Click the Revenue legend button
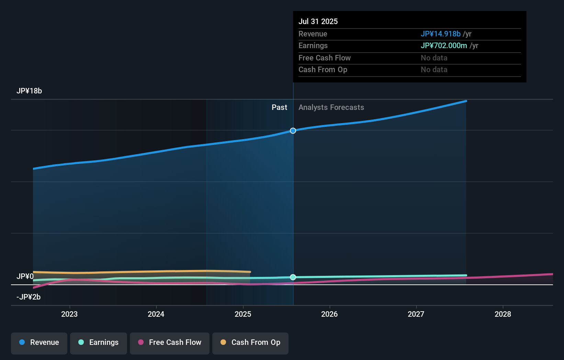coord(39,342)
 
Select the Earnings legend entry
coord(99,342)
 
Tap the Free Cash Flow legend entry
coord(170,342)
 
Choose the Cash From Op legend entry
coord(250,342)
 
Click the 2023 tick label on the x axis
coord(69,314)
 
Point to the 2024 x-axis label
coord(156,314)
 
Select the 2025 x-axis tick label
coord(243,314)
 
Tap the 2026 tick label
coord(329,314)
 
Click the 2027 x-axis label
coord(416,314)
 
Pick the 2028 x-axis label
coord(503,314)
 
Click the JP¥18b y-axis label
coord(29,91)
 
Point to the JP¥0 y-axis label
coord(25,277)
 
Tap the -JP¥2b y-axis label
coord(29,297)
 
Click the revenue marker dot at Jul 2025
coord(293,131)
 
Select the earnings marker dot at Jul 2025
coord(293,277)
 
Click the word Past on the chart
coord(279,108)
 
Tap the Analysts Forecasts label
coord(331,108)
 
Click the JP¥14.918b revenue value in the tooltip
coord(441,34)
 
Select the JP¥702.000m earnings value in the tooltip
coord(444,46)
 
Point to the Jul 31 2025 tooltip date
coord(318,22)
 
